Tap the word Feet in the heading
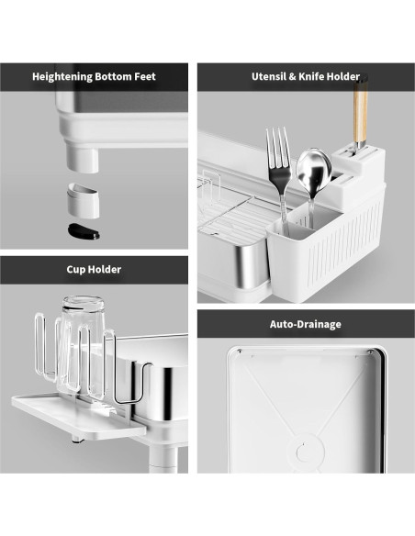(x=144, y=76)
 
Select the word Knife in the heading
(x=311, y=76)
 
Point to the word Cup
(x=75, y=270)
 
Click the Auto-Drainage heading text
(x=305, y=324)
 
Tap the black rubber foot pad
(x=84, y=231)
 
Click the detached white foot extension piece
(x=84, y=201)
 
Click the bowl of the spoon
(x=314, y=169)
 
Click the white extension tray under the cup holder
(x=79, y=416)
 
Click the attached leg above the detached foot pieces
(x=83, y=158)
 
